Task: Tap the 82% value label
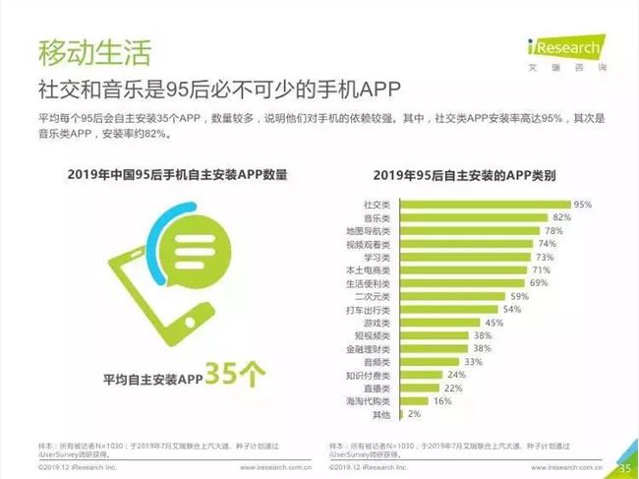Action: [x=562, y=216]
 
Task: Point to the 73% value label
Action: [x=545, y=257]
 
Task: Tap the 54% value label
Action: [x=511, y=309]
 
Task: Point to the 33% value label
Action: [x=473, y=362]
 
